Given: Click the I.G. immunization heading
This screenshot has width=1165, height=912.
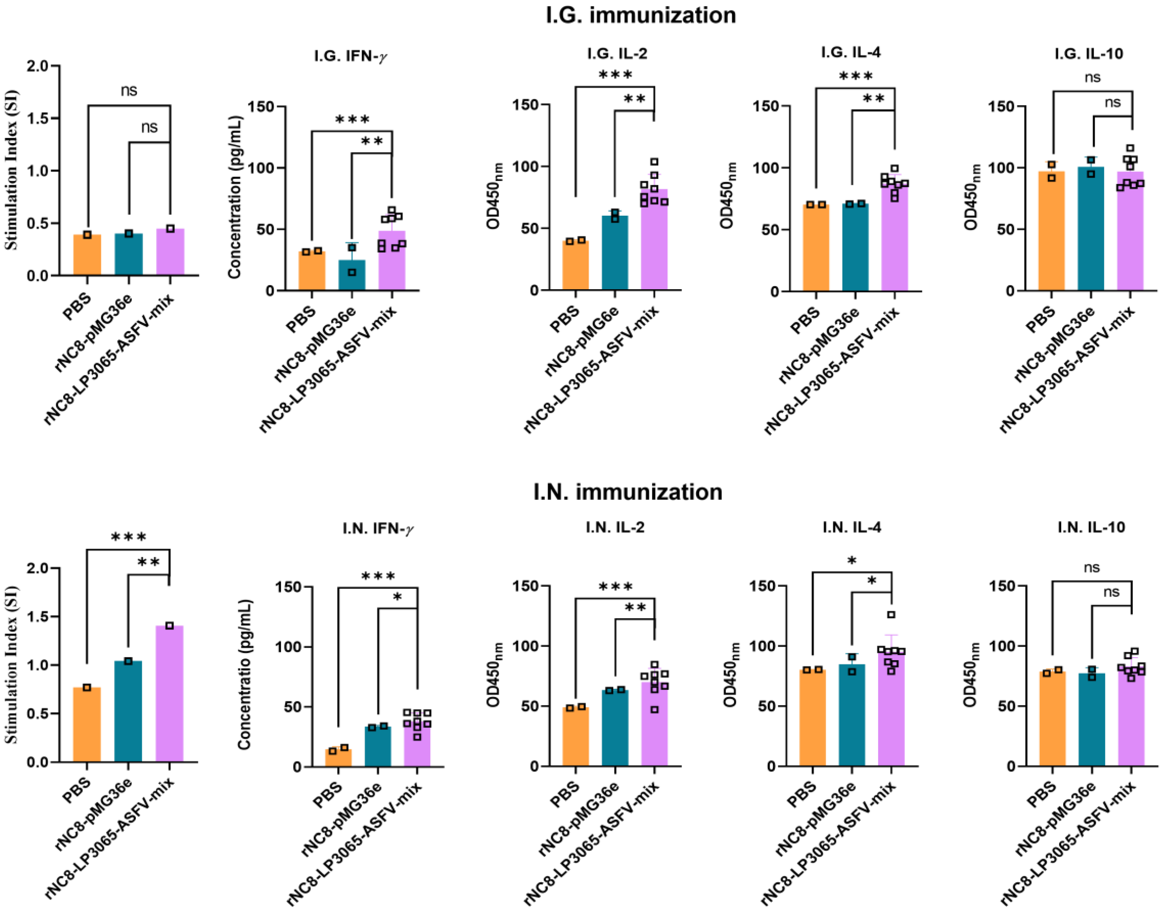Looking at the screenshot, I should tap(640, 15).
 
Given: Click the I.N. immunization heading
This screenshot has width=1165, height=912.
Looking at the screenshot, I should tap(628, 491).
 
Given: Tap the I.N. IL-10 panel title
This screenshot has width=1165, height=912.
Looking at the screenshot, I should tap(1091, 527).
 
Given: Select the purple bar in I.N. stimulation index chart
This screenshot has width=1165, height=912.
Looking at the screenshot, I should tap(169, 694).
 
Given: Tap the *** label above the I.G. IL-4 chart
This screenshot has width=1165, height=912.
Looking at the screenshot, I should tap(856, 76).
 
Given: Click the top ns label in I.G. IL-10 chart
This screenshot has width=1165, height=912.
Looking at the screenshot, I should tap(1092, 78).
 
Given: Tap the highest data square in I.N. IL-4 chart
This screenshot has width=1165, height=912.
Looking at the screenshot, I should tap(891, 615).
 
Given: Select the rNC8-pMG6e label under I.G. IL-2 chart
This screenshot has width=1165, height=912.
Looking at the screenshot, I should tap(582, 342).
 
